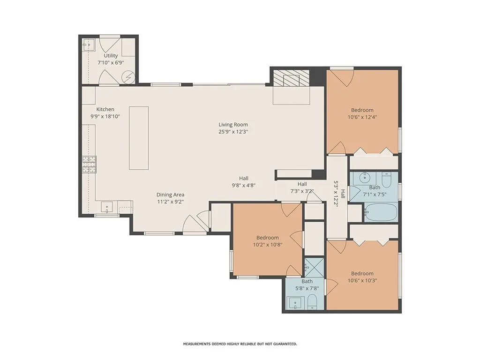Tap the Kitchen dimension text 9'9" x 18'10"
[105, 116]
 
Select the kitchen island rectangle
[139, 138]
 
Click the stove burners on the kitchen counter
[89, 165]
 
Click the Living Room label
[233, 125]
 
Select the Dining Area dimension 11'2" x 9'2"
[170, 202]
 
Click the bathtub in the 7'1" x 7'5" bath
[380, 212]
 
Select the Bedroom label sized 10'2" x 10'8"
[267, 238]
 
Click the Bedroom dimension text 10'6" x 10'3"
[362, 281]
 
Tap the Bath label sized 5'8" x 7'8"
[307, 281]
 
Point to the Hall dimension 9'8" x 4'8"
[243, 185]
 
